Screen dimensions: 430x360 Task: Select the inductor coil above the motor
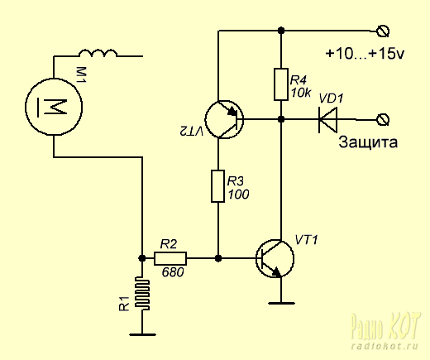98,53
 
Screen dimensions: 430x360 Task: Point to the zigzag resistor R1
142,294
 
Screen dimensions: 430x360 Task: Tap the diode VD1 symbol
327,119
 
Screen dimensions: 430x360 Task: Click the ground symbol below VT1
281,303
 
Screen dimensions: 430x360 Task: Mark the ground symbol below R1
142,334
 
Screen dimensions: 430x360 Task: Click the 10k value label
301,93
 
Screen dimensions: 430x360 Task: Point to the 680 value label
173,272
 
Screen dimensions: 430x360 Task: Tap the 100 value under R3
238,194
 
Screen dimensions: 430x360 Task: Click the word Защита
368,142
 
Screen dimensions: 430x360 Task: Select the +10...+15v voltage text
365,54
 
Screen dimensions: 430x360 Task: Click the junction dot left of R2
142,258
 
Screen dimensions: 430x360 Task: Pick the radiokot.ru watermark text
385,346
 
